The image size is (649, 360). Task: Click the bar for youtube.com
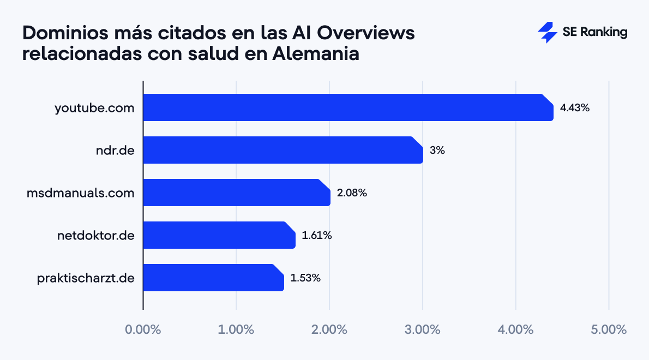click(348, 107)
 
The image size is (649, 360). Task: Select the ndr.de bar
click(283, 150)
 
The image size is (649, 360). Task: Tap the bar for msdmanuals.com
click(237, 193)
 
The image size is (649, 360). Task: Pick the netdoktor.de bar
click(219, 235)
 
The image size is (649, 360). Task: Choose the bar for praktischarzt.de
click(213, 278)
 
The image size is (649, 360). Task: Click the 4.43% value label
click(575, 107)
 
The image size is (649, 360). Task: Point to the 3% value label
click(437, 150)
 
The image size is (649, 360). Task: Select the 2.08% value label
click(352, 193)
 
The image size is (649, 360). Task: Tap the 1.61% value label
click(316, 235)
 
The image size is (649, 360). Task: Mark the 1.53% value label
click(305, 278)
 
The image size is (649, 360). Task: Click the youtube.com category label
click(94, 107)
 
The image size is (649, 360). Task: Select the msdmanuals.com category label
click(80, 193)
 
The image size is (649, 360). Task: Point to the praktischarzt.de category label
click(86, 278)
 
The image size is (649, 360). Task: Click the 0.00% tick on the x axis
click(143, 329)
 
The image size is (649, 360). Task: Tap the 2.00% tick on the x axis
click(329, 329)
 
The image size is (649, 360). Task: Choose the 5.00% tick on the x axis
click(608, 329)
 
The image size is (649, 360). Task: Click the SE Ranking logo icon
click(547, 33)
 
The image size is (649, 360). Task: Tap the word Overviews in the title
click(366, 33)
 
